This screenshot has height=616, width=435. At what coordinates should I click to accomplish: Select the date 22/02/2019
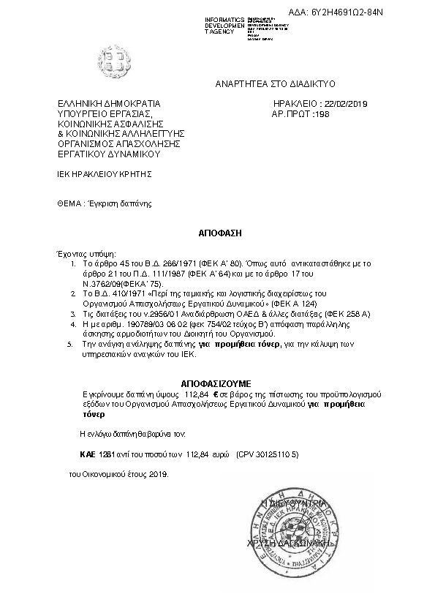347,104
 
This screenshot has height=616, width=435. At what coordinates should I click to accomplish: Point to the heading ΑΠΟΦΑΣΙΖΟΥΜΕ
216,383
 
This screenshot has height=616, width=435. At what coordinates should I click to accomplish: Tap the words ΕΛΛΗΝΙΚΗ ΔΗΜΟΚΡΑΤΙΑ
109,104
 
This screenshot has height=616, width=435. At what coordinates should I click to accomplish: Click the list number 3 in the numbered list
72,312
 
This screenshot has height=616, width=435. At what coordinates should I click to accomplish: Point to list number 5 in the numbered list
71,343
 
